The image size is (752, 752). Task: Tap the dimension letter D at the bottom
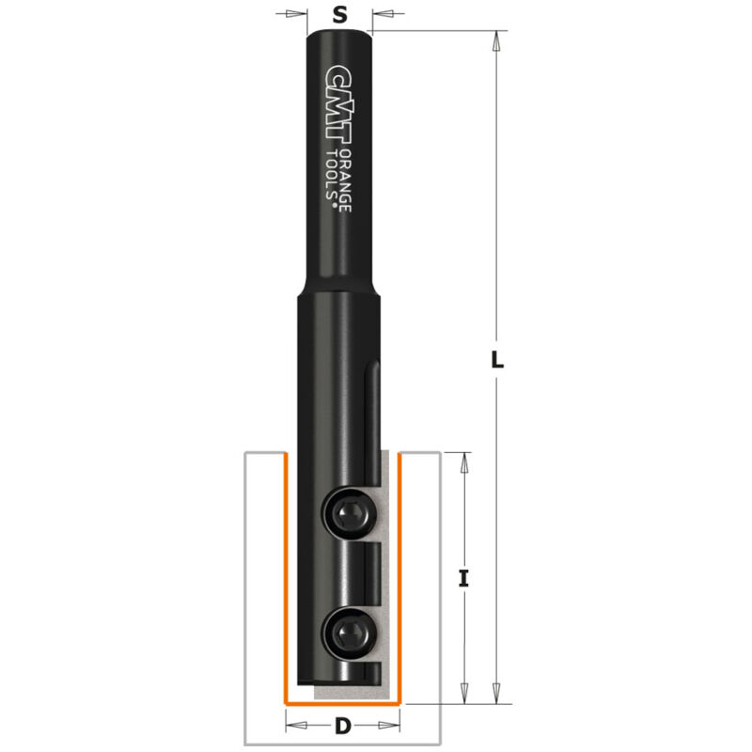point(342,726)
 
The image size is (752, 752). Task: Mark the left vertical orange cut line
point(285,578)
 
